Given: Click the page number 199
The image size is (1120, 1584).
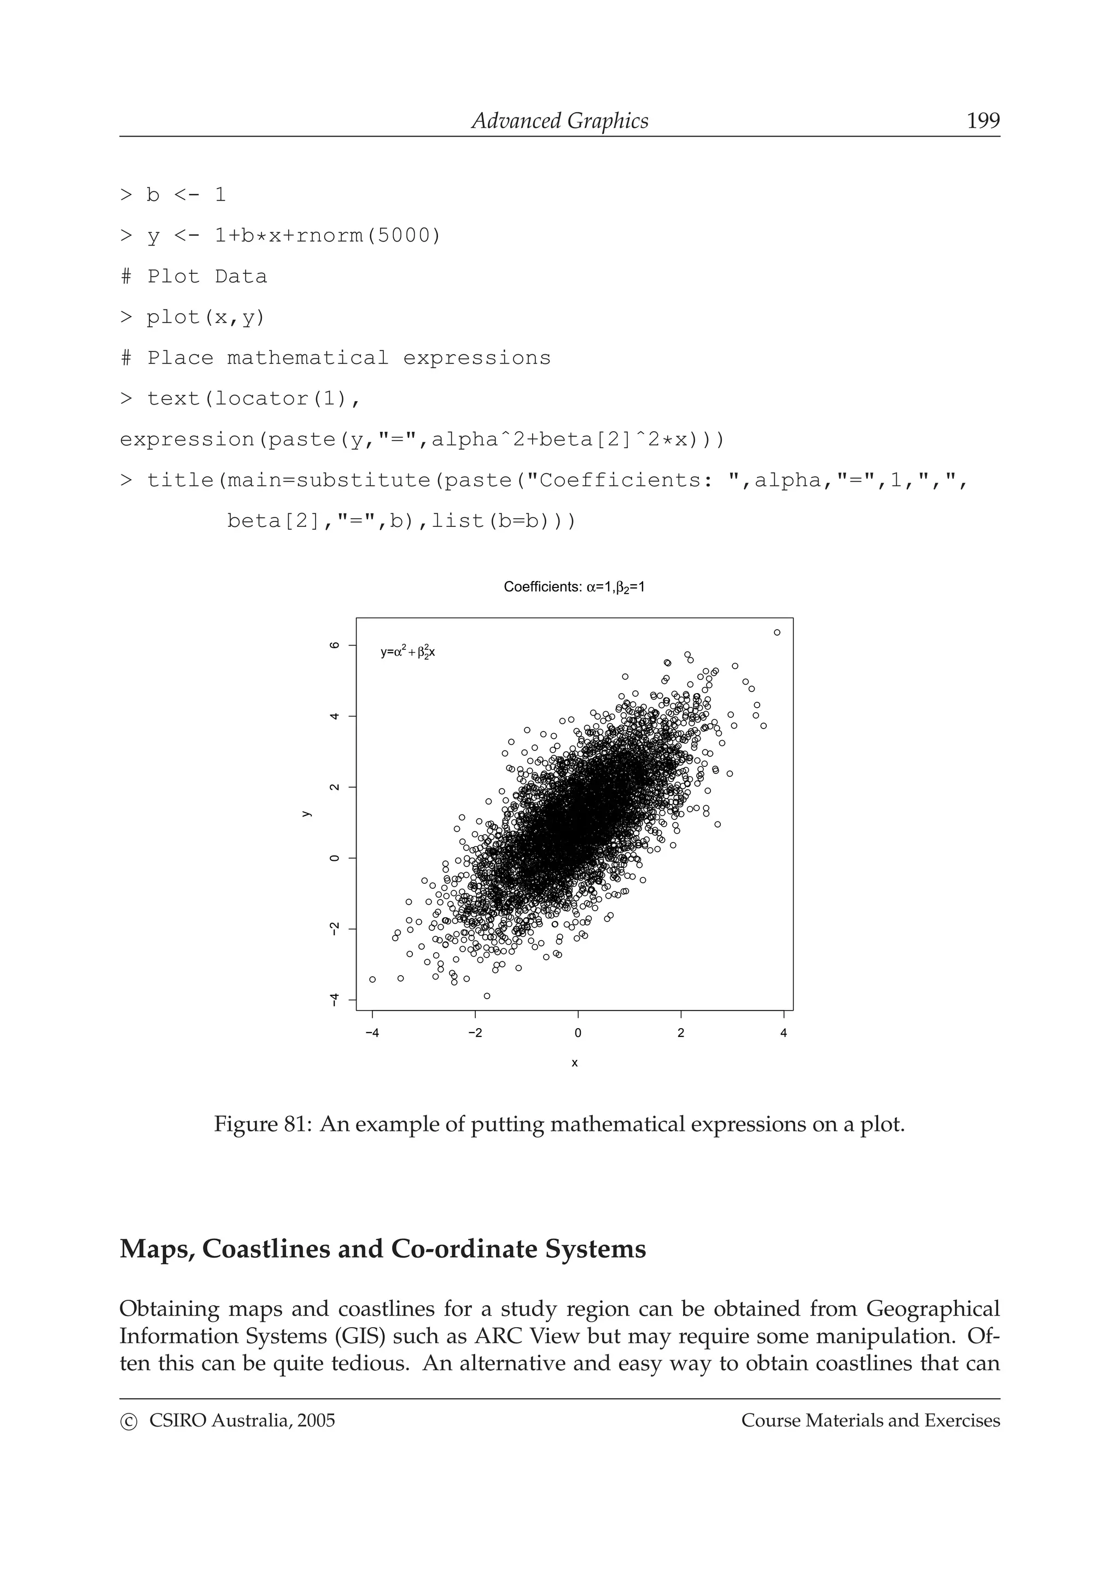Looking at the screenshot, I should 983,121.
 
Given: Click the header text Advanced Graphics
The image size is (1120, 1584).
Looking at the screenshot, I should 559,121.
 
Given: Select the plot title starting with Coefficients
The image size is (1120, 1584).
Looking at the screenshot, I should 574,587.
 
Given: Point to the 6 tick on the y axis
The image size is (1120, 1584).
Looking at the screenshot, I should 335,645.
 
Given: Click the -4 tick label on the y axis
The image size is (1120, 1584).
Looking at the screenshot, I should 335,1000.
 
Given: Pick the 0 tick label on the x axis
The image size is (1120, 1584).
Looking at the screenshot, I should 577,1033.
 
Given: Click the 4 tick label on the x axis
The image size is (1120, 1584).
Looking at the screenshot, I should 783,1033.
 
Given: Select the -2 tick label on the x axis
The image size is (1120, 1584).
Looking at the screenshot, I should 475,1033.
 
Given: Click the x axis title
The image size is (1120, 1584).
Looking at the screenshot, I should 575,1063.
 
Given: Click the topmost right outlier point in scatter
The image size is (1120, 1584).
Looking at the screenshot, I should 777,632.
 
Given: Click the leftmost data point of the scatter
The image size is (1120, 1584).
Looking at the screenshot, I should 372,979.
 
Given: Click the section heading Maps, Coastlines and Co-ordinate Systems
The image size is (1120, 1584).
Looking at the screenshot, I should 382,1249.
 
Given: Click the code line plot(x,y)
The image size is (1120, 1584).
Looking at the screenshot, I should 206,318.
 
